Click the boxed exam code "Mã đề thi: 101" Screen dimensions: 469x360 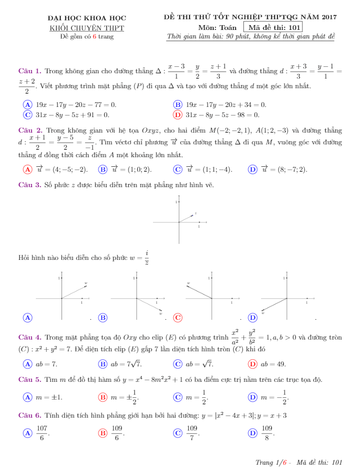coord(273,27)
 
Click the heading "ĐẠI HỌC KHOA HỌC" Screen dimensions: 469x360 coord(87,18)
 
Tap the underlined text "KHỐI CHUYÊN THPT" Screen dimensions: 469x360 coord(87,27)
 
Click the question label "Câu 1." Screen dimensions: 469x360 coord(30,71)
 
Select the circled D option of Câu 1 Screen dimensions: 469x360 coord(178,114)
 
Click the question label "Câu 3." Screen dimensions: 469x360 coord(30,185)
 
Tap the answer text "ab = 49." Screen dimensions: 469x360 coord(273,364)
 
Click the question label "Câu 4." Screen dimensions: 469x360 coord(30,337)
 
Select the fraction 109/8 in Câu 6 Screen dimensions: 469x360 coord(267,433)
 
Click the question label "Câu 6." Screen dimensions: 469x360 coord(30,416)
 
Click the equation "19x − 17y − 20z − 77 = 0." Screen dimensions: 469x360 coord(75,105)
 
